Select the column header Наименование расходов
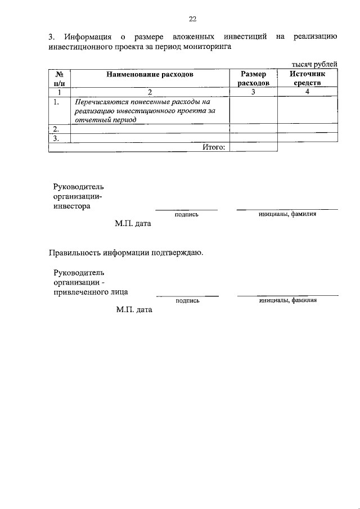(150, 74)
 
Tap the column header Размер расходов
(254, 78)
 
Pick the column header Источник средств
(307, 78)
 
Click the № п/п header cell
(59, 78)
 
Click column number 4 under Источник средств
(308, 92)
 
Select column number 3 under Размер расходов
(254, 92)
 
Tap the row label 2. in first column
(56, 129)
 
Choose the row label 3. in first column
(56, 138)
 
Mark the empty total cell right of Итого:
(254, 147)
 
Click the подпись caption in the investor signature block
(187, 214)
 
